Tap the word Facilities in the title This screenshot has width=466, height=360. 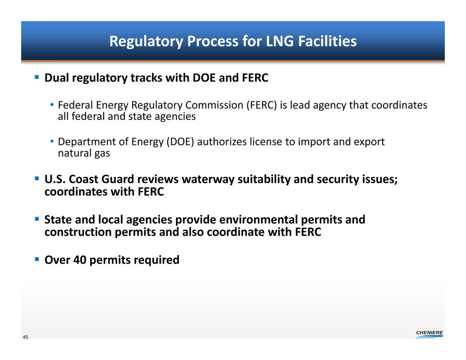[x=327, y=41]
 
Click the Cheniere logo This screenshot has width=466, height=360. [x=429, y=334]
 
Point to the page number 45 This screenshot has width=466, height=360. [x=26, y=337]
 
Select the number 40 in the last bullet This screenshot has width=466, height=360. [x=80, y=260]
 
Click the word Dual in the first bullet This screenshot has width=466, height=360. [x=57, y=78]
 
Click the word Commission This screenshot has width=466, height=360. [x=214, y=105]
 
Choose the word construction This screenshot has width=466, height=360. [x=78, y=232]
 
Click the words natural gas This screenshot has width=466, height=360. [x=84, y=153]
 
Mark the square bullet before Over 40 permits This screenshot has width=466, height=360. [x=37, y=259]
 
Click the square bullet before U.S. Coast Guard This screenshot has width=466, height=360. [x=37, y=178]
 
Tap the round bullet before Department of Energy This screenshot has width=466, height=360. [x=52, y=141]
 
